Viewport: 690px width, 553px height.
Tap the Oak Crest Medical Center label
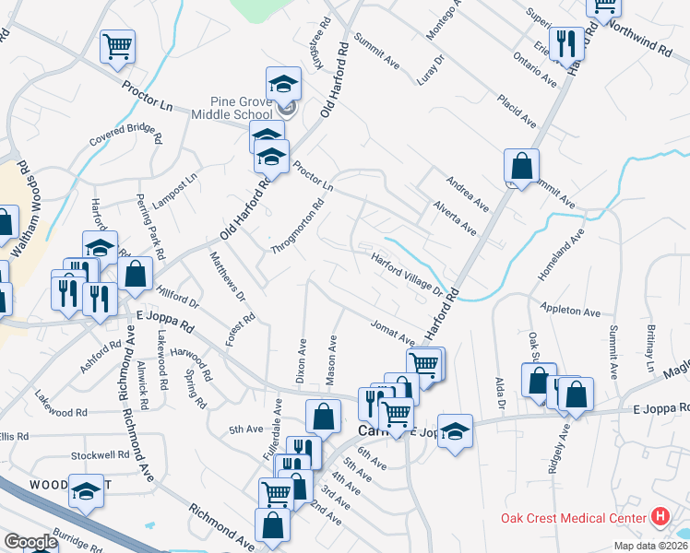click(574, 518)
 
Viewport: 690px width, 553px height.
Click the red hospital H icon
click(660, 518)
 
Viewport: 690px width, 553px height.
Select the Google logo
click(30, 542)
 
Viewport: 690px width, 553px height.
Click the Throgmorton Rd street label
click(298, 228)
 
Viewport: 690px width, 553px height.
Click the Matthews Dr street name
click(227, 276)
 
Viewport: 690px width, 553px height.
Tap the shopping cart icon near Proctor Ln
click(117, 45)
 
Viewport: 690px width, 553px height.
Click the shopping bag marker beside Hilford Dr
click(136, 274)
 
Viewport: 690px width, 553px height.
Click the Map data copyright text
click(648, 546)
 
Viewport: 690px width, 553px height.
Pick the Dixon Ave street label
click(301, 359)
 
